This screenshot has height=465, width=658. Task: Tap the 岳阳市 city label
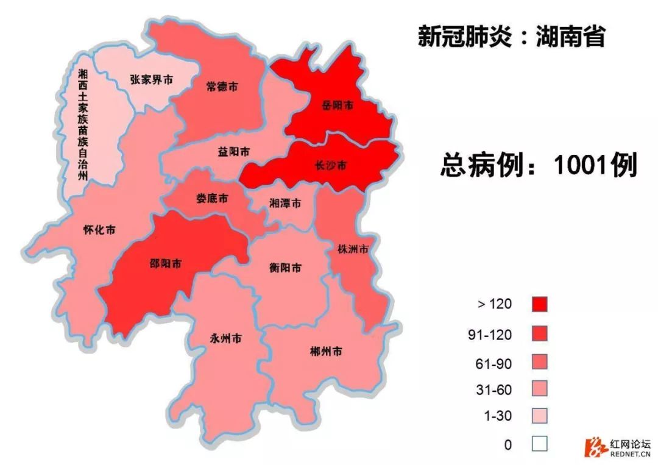pos(338,105)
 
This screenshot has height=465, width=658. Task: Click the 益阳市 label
pos(233,152)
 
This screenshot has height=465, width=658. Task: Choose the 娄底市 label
pos(211,199)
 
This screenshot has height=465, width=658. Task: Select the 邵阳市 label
pos(166,264)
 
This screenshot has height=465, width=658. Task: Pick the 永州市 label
pos(225,338)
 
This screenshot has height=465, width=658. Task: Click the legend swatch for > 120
pos(539,304)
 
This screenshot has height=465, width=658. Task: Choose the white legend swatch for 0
pos(539,444)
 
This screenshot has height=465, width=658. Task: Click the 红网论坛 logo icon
pos(592,447)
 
